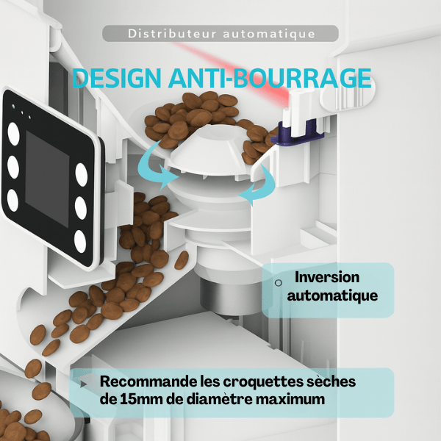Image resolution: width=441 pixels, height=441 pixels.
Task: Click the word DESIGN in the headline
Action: [x=117, y=78]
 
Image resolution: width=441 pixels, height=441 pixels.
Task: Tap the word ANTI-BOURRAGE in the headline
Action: [x=270, y=78]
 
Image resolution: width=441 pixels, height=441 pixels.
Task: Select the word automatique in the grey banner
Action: [x=269, y=35]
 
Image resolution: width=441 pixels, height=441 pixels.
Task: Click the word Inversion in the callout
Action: [x=327, y=277]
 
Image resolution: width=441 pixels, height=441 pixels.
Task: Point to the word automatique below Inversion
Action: [x=332, y=296]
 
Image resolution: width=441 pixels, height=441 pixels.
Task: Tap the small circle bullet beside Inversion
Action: [x=278, y=283]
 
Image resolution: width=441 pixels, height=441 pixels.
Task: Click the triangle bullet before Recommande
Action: [x=83, y=384]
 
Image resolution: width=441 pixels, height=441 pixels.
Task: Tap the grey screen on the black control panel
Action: [x=47, y=179]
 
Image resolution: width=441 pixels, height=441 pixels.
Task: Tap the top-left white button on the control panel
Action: [x=13, y=134]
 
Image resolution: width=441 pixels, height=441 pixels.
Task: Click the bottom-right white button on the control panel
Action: [x=80, y=241]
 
